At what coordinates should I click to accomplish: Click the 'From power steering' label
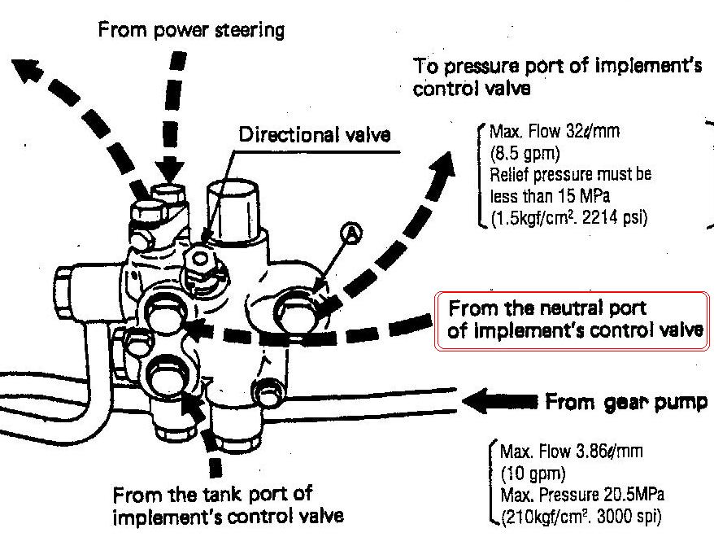[192, 31]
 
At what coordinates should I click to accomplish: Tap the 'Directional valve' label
[314, 134]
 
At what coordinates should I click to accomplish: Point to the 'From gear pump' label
[625, 402]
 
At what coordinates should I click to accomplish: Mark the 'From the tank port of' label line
[212, 494]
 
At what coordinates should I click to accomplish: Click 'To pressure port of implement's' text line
[557, 67]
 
